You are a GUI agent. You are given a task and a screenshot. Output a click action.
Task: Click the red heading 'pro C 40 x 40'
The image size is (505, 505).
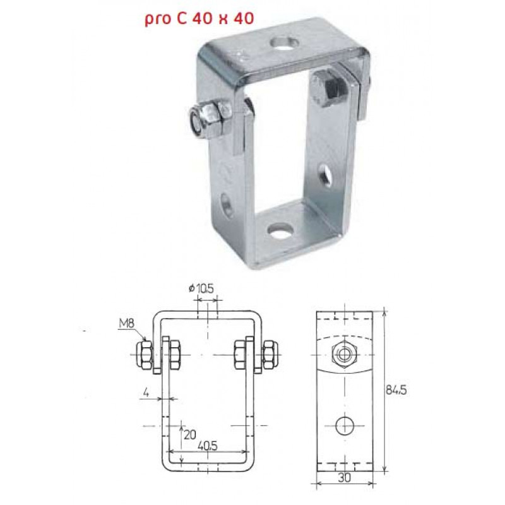(199, 19)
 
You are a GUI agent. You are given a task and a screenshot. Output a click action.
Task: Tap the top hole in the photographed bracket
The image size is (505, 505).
(283, 43)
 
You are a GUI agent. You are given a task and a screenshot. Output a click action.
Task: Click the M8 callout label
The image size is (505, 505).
(126, 323)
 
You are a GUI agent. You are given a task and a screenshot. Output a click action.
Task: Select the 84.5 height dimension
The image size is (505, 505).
(396, 390)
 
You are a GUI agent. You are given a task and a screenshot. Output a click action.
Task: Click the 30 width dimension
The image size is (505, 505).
(344, 477)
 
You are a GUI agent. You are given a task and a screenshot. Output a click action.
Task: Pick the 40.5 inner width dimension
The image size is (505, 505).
(208, 446)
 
